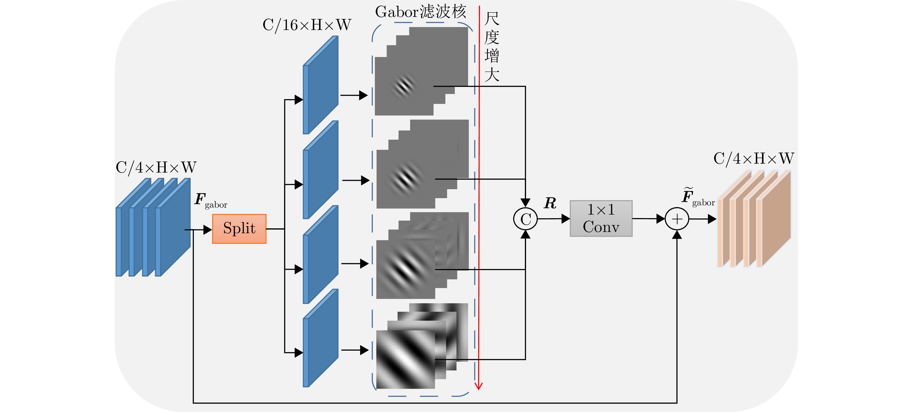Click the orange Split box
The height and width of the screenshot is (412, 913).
pos(239,229)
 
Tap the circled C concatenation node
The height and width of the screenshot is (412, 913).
pos(525,219)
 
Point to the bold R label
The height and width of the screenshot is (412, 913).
pos(550,203)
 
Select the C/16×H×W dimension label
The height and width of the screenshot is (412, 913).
pos(307,25)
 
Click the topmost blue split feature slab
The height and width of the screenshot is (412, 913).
pos(321,85)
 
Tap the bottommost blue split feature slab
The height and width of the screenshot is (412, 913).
pos(321,339)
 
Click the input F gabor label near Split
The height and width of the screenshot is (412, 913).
pos(210,201)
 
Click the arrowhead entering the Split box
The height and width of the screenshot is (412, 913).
pos(208,230)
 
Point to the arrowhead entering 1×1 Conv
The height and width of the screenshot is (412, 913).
pos(566,219)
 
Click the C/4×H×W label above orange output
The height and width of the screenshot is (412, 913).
pos(754,159)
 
